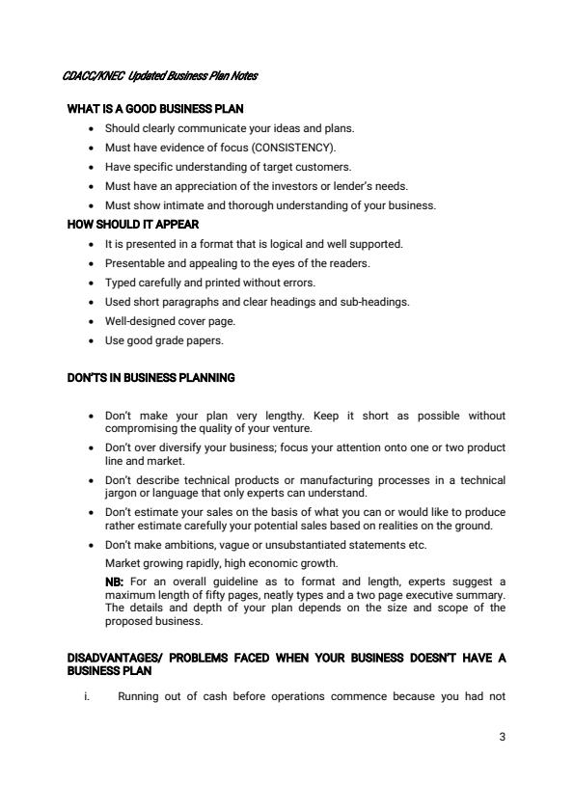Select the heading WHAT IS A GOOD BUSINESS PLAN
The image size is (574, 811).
154,109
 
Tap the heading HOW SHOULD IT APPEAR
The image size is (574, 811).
132,225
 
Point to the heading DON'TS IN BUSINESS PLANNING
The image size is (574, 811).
150,377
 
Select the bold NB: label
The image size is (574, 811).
115,581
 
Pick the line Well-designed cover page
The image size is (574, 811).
170,321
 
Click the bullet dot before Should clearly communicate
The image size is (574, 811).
91,128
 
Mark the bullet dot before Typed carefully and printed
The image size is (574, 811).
91,283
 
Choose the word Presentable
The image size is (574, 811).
133,263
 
